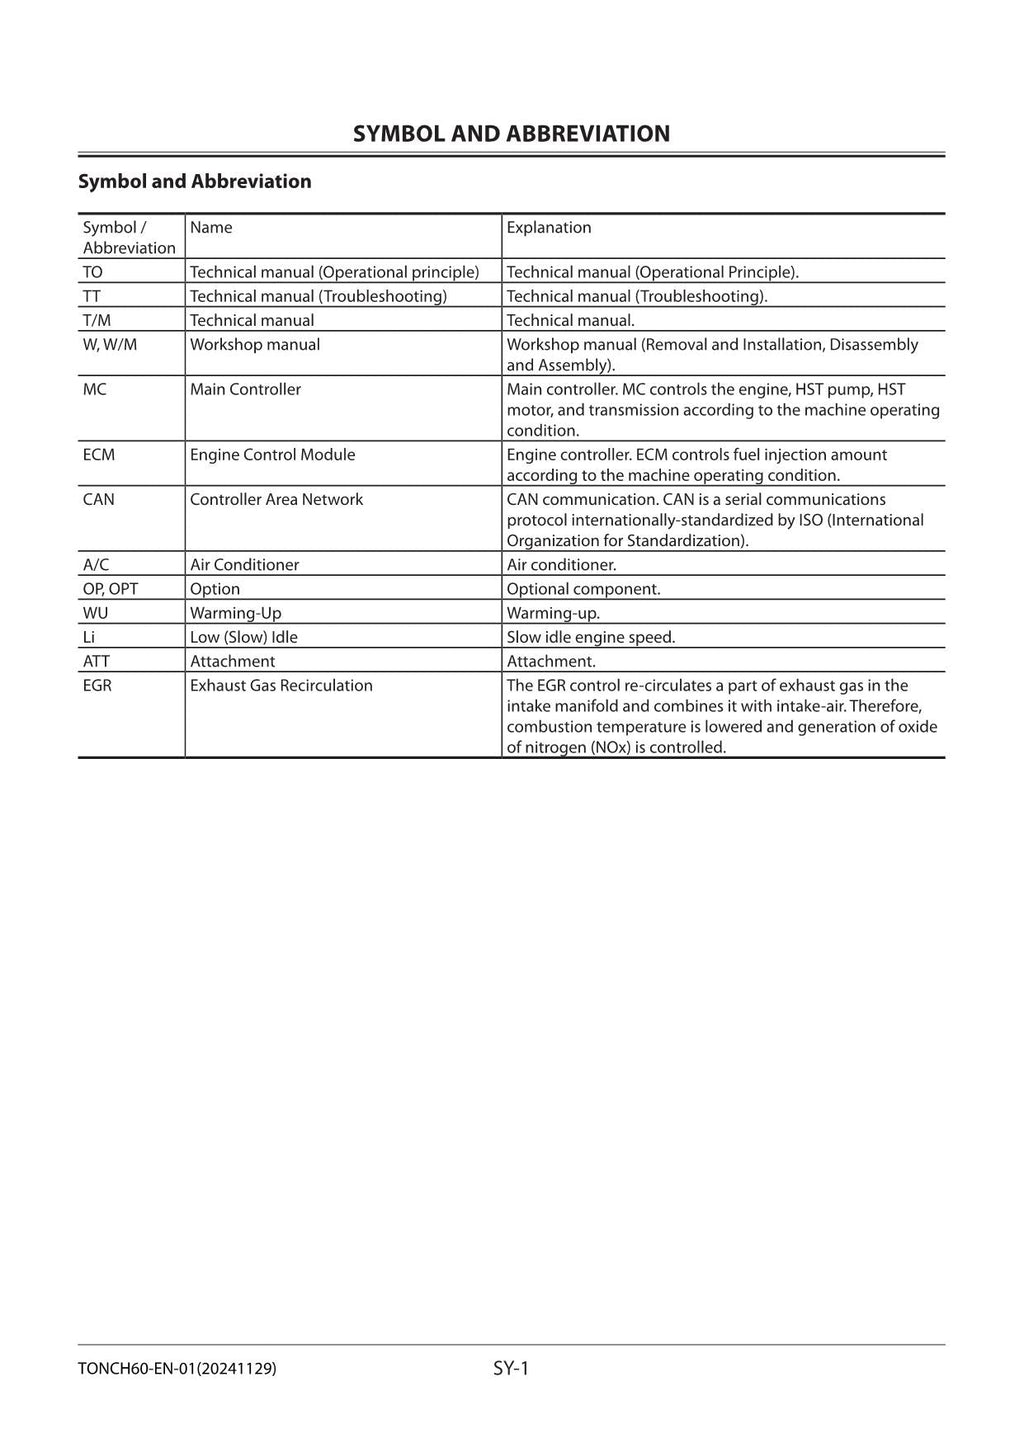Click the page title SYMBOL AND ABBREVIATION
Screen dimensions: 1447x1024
pyautogui.click(x=511, y=134)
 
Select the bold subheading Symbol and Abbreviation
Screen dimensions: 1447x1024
pyautogui.click(x=195, y=181)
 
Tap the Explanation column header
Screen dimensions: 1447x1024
pyautogui.click(x=548, y=228)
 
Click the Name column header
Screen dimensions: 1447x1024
pyautogui.click(x=211, y=228)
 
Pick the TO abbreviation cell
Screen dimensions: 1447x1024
pyautogui.click(x=93, y=272)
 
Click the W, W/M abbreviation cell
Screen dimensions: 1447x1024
pyautogui.click(x=110, y=345)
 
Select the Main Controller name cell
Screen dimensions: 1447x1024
pyautogui.click(x=245, y=390)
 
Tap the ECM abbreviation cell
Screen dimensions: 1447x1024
pyautogui.click(x=99, y=455)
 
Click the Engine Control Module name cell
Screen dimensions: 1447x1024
pyautogui.click(x=272, y=455)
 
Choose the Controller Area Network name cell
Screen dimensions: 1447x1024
pyautogui.click(x=276, y=500)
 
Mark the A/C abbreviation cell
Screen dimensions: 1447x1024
pyautogui.click(x=96, y=565)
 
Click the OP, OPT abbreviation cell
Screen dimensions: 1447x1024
pyautogui.click(x=110, y=589)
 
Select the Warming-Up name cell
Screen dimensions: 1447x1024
pyautogui.click(x=236, y=613)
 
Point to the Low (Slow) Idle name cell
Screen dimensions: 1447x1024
pyautogui.click(x=244, y=637)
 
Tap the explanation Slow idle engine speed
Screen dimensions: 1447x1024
pyautogui.click(x=590, y=637)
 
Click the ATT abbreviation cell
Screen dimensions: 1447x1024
pyautogui.click(x=96, y=661)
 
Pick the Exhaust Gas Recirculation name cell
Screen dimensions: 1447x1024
pyautogui.click(x=281, y=686)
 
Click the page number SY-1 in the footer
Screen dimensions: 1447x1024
pyautogui.click(x=510, y=1368)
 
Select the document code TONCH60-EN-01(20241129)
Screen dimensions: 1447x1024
pyautogui.click(x=177, y=1369)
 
